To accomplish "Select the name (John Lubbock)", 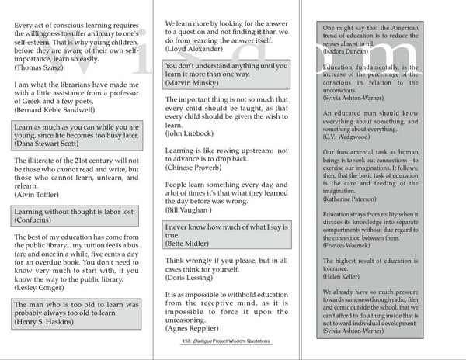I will pos(191,133).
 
